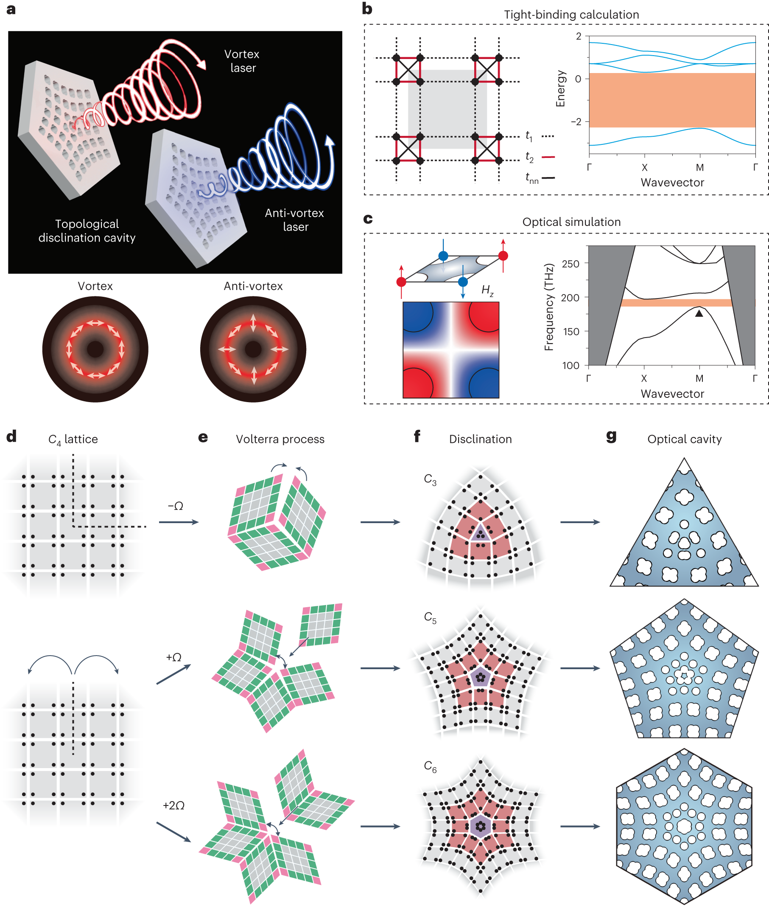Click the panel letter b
pyautogui.click(x=367, y=9)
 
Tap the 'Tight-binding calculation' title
pyautogui.click(x=571, y=15)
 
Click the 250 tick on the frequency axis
pyautogui.click(x=570, y=264)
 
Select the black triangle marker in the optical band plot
pyautogui.click(x=699, y=313)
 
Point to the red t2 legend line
pyautogui.click(x=548, y=157)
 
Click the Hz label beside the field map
pyautogui.click(x=487, y=290)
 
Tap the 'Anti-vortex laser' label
pyautogui.click(x=294, y=220)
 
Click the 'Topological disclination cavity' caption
pyautogui.click(x=87, y=231)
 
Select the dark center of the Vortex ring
pyautogui.click(x=95, y=349)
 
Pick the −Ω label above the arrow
pyautogui.click(x=176, y=506)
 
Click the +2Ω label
pyautogui.click(x=173, y=805)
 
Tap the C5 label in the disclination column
pyautogui.click(x=430, y=617)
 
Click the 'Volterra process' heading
pyautogui.click(x=280, y=439)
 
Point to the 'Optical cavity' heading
pyautogui.click(x=684, y=439)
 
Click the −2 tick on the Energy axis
pyautogui.click(x=576, y=121)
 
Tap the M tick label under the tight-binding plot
pyautogui.click(x=699, y=167)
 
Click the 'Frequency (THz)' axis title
pyautogui.click(x=549, y=307)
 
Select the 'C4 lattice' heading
pyautogui.click(x=73, y=439)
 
